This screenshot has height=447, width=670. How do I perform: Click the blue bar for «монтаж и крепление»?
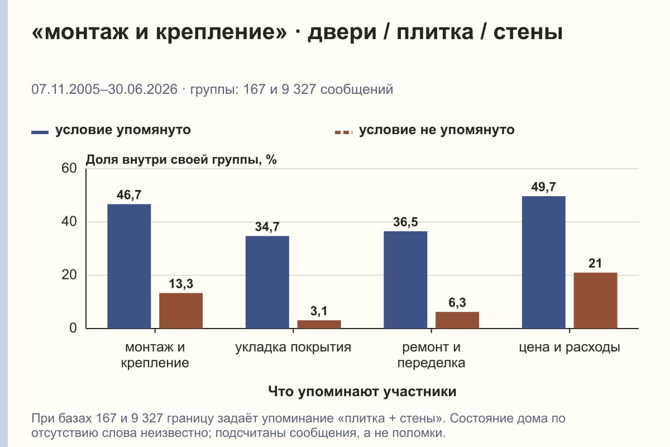[129, 266]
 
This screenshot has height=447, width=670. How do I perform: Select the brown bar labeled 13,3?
[181, 311]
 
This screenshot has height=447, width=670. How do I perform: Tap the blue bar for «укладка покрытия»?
[267, 282]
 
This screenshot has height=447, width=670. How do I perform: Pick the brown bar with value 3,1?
[319, 324]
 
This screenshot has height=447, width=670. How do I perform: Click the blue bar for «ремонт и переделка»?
[405, 280]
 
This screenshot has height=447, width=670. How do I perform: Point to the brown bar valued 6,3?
[457, 320]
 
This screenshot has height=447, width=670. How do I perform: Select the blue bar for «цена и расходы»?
[543, 262]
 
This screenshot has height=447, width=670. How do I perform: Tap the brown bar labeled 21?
[595, 301]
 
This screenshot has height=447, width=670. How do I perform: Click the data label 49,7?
[543, 187]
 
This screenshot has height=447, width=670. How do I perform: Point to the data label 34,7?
[267, 227]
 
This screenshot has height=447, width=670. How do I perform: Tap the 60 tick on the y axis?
[69, 168]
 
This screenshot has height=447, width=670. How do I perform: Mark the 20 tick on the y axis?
[69, 275]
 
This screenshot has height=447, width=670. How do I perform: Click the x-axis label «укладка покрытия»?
[293, 348]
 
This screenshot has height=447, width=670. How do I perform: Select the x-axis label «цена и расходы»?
[569, 348]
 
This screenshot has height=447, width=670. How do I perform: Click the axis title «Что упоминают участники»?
[362, 391]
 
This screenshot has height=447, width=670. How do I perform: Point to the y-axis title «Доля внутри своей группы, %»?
[181, 160]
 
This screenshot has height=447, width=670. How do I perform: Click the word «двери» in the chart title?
[342, 32]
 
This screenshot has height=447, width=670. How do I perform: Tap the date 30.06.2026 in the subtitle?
[143, 89]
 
